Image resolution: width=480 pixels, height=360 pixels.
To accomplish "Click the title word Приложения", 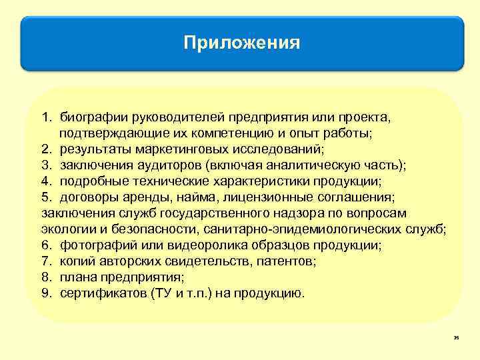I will point(243,44).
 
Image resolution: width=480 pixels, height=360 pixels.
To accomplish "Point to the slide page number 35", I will point(456,339).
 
